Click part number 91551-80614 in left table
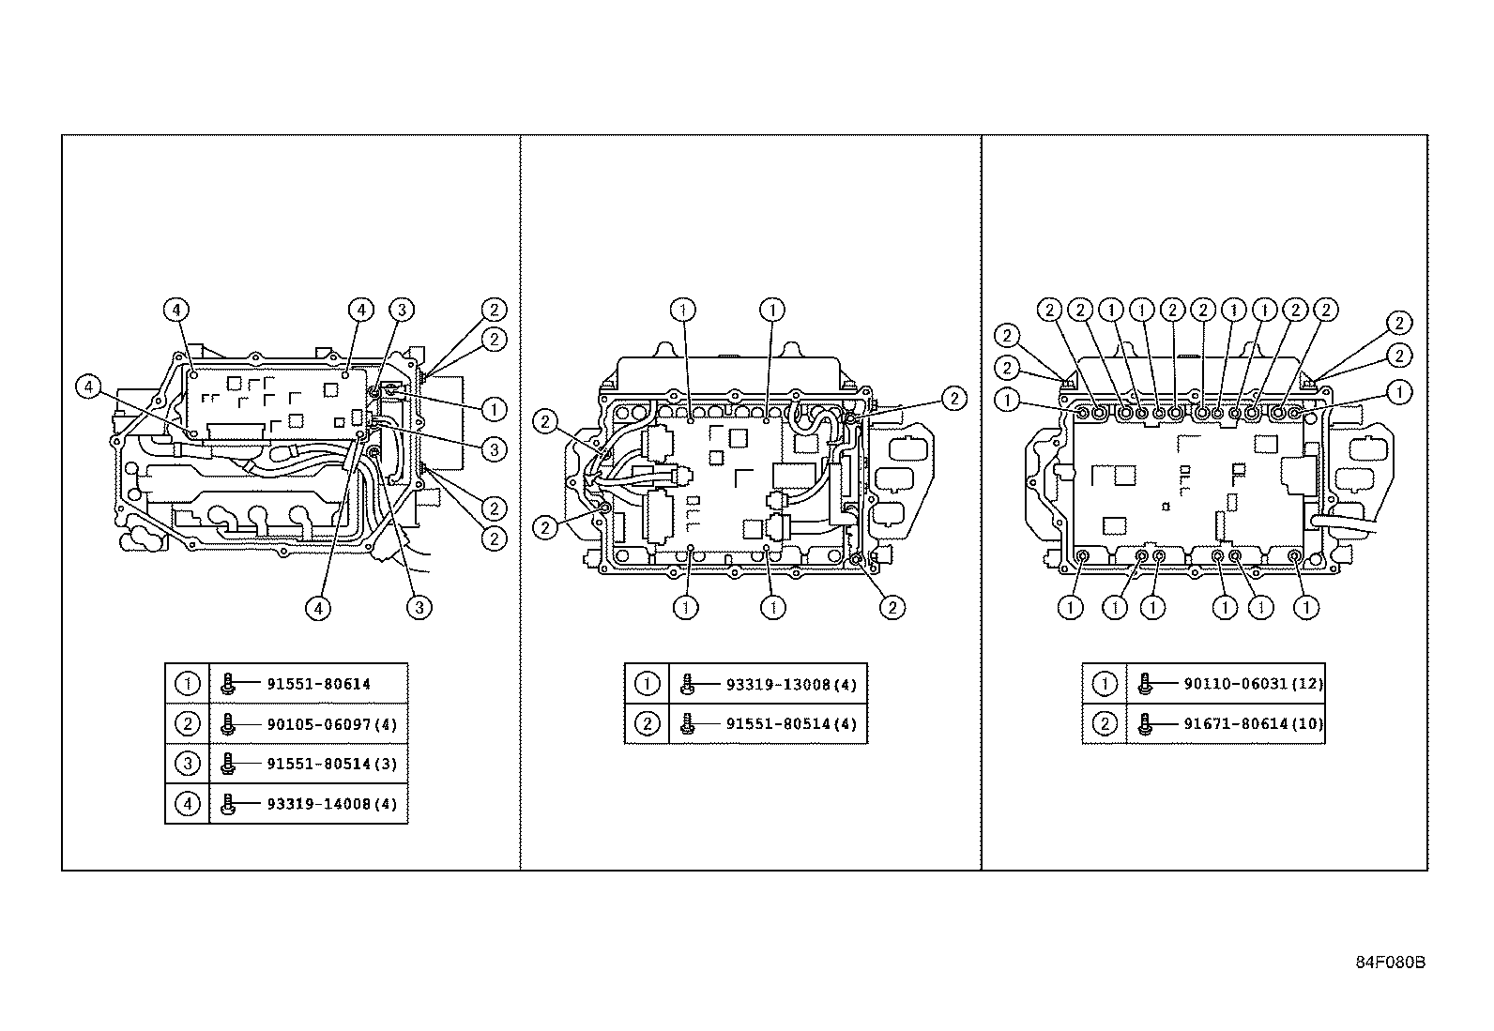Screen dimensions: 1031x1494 pyautogui.click(x=318, y=684)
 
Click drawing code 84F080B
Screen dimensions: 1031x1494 pyautogui.click(x=1390, y=963)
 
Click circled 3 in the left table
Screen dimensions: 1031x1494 pyautogui.click(x=188, y=764)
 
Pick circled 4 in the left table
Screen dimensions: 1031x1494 pyautogui.click(x=188, y=804)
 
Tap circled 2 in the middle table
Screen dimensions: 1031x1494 pyautogui.click(x=647, y=724)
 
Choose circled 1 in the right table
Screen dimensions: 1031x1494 pyautogui.click(x=1105, y=684)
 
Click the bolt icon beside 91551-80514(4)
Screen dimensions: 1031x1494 pyautogui.click(x=687, y=724)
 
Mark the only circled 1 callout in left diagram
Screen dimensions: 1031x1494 pyautogui.click(x=493, y=409)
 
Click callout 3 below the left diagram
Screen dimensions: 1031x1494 pyautogui.click(x=419, y=608)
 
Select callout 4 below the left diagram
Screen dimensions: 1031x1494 pyautogui.click(x=318, y=608)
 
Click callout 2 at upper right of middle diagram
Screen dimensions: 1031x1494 pyautogui.click(x=953, y=399)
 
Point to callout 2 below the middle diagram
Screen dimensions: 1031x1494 pyautogui.click(x=892, y=608)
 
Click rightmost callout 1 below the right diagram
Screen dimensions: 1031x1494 pyautogui.click(x=1306, y=608)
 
